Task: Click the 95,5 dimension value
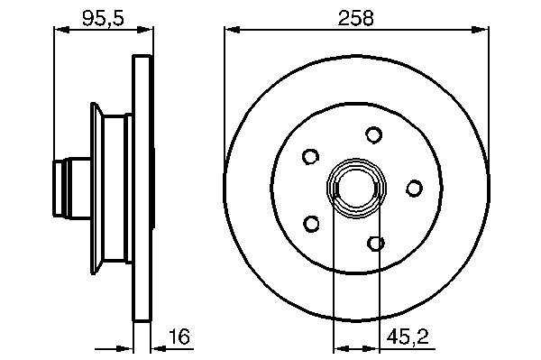click(103, 18)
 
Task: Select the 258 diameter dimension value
click(356, 18)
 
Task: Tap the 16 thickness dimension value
click(179, 337)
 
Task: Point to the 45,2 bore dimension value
click(408, 337)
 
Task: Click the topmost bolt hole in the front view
click(373, 134)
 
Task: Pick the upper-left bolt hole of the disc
click(310, 156)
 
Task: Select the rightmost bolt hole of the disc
click(414, 188)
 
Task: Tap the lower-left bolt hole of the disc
click(311, 224)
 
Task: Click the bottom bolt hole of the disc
click(376, 244)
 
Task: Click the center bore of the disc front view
click(356, 188)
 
